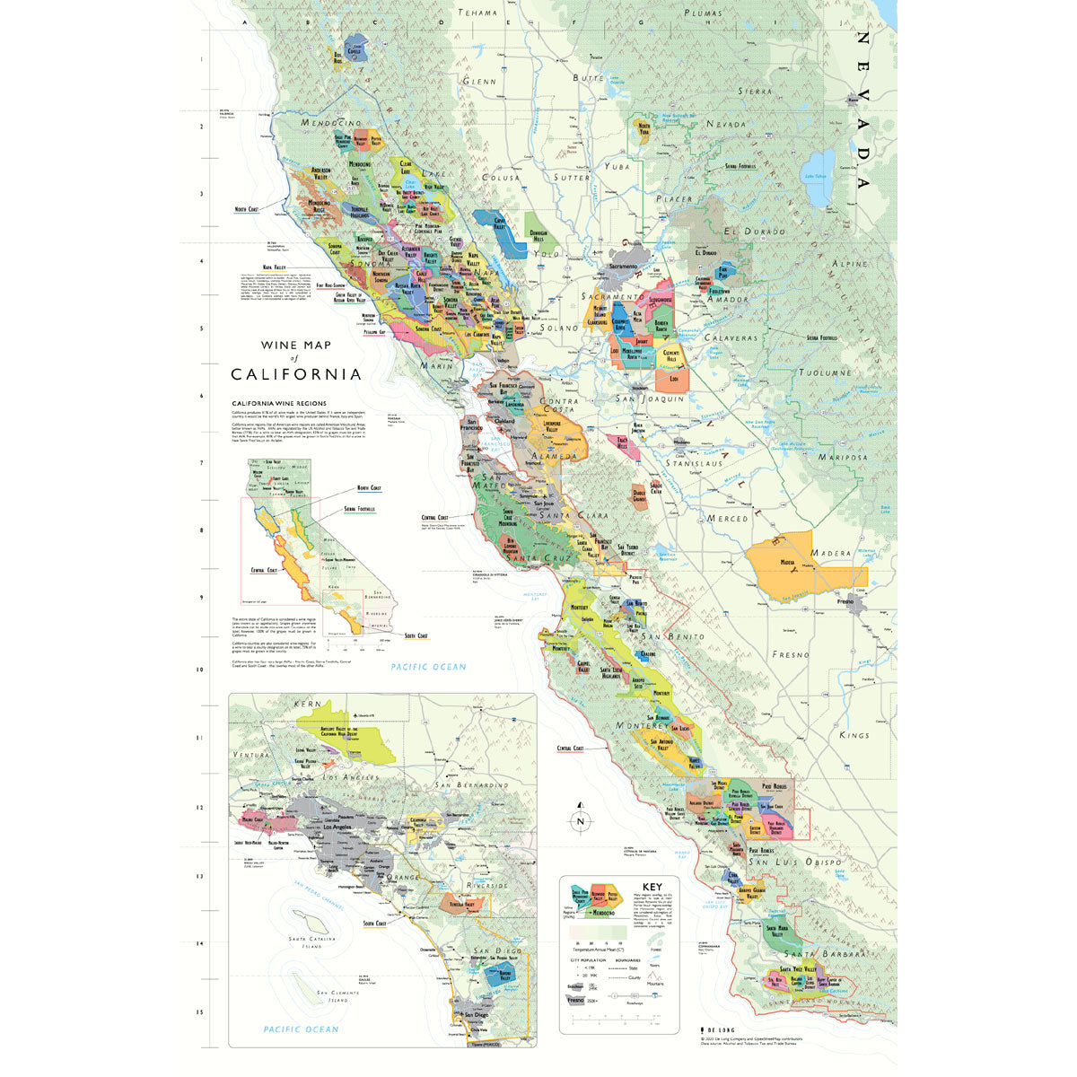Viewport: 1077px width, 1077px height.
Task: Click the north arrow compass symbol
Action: click(x=581, y=818)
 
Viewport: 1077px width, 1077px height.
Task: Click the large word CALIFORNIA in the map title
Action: click(x=296, y=374)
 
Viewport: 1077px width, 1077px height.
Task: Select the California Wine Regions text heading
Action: click(x=279, y=404)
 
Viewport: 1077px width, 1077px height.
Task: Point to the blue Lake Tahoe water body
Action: click(x=819, y=166)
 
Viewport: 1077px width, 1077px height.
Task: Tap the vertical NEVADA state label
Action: click(x=862, y=109)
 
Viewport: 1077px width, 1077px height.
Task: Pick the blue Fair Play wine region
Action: click(x=722, y=271)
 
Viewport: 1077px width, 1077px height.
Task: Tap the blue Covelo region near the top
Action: click(x=354, y=49)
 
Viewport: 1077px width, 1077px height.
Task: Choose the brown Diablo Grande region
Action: click(x=639, y=495)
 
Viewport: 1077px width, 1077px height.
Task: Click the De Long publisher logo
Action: click(x=715, y=1031)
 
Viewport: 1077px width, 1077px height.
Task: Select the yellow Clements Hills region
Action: click(x=670, y=357)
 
